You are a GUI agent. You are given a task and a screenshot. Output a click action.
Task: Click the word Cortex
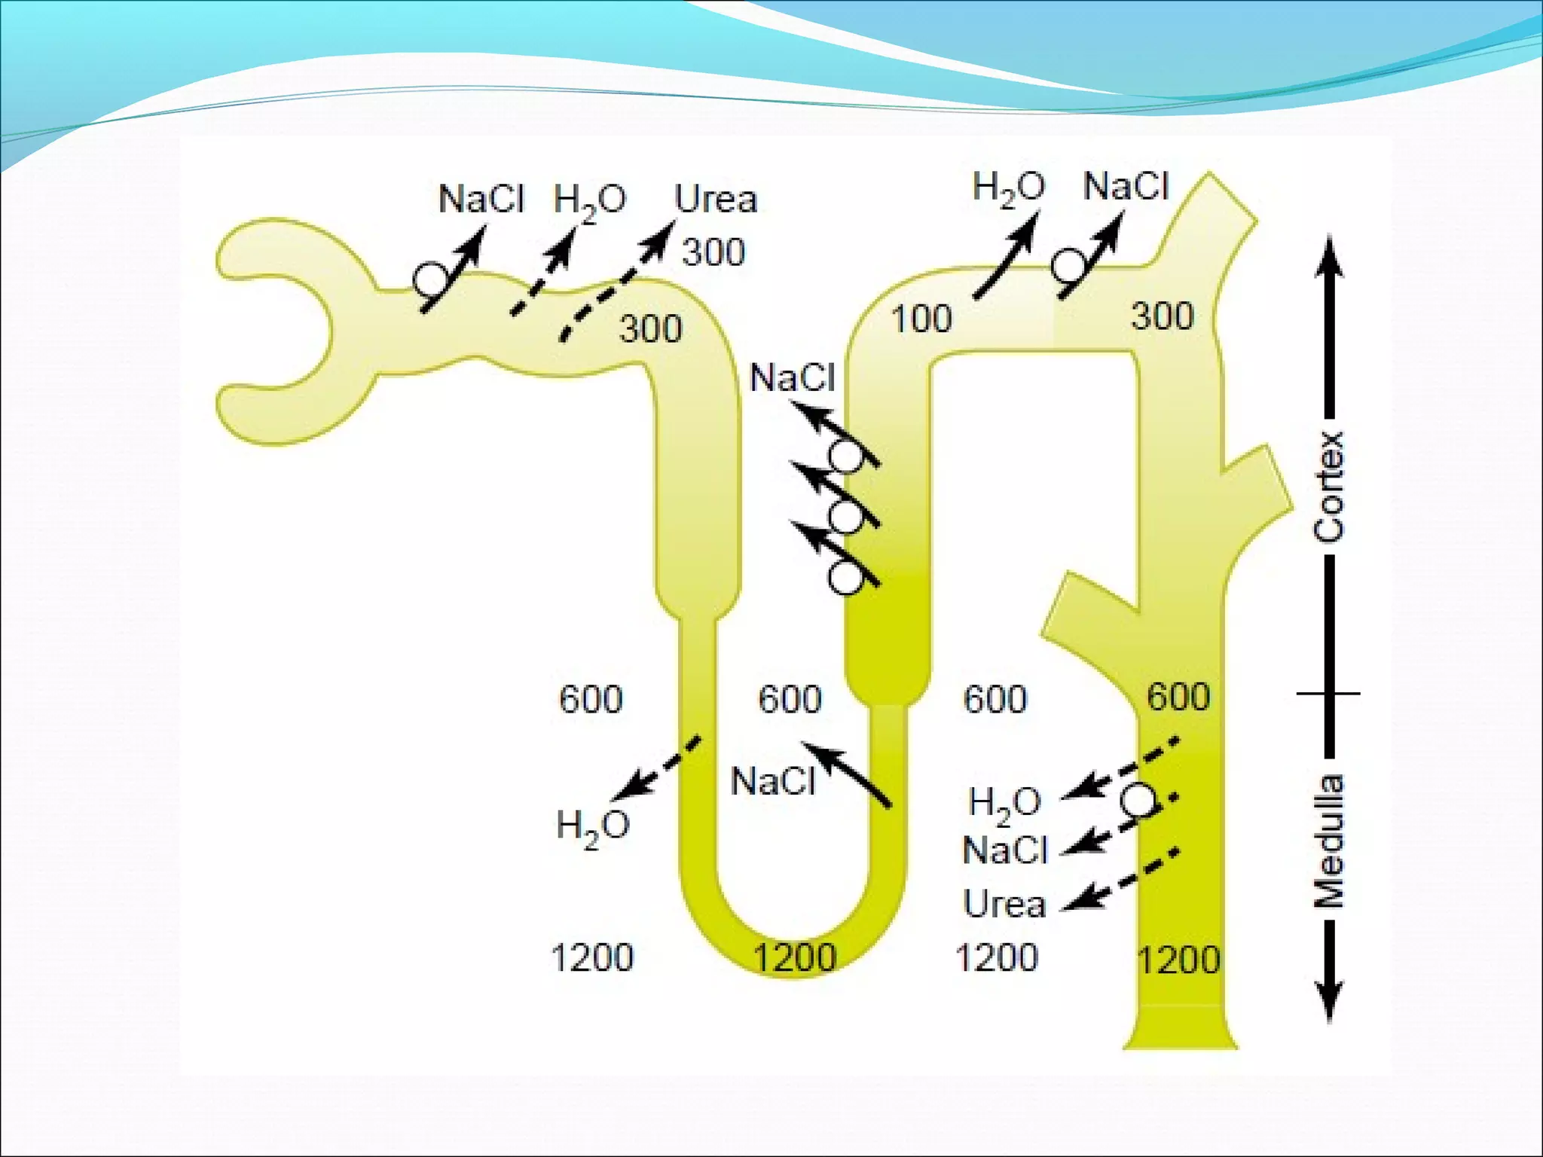1329,487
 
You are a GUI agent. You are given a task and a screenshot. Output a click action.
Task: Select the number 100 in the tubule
921,319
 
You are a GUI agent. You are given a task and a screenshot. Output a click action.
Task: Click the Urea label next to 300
715,200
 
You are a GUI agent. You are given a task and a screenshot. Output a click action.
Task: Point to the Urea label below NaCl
1005,903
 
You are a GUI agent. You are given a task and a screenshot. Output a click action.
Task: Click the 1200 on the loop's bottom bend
795,958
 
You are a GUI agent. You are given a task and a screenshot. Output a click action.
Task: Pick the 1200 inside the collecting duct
1178,960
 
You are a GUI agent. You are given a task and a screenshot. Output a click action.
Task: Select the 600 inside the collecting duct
1178,697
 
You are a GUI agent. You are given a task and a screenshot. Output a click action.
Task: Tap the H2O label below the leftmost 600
593,827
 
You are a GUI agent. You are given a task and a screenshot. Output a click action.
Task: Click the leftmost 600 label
591,699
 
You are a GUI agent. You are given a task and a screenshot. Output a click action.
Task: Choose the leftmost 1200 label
592,958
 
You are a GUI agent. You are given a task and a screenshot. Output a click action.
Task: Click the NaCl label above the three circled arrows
793,377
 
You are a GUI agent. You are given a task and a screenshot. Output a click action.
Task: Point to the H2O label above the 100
1008,188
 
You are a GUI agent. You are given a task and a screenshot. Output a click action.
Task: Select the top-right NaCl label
1126,186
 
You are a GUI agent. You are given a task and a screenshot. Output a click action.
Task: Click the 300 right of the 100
1163,316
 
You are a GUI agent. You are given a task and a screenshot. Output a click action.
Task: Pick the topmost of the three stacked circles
847,456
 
